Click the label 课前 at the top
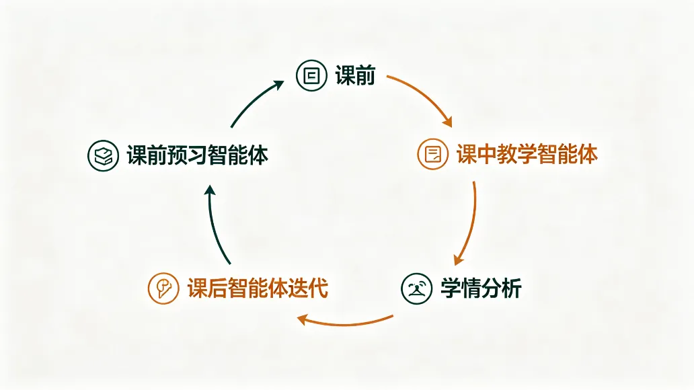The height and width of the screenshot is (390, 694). pos(355,75)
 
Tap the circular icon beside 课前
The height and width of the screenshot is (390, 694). pos(311,76)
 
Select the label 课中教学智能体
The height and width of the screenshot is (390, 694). pos(527,154)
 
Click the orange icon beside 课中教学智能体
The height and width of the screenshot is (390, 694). pos(433,154)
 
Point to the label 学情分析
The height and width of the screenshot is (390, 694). pos(481,288)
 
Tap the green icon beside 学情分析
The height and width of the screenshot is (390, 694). pos(416,288)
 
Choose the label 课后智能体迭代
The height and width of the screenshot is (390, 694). pos(258,288)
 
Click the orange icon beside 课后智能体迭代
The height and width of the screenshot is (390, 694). pos(163,288)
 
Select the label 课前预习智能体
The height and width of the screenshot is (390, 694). pos(198,155)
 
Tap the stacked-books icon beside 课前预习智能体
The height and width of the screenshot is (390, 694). pos(103,155)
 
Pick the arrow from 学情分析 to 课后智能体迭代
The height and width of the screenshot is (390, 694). pos(344,324)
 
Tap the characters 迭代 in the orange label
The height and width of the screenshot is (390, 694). pos(308,288)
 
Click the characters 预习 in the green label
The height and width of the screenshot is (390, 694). pos(187,155)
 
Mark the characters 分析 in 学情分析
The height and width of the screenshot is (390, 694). pos(502,288)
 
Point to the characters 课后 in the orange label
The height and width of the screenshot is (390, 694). pos(207,288)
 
